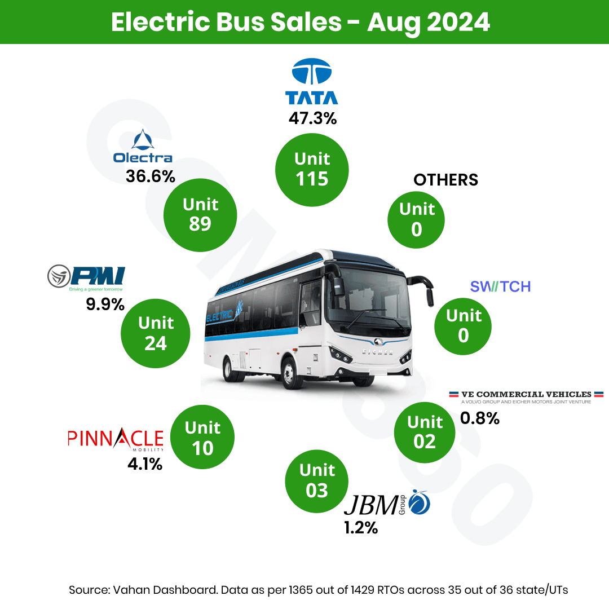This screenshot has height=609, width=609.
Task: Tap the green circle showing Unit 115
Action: point(312,169)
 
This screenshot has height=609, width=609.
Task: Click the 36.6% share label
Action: point(151,176)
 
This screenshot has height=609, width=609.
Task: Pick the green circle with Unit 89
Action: point(200,214)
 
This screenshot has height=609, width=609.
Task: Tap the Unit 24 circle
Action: point(156,333)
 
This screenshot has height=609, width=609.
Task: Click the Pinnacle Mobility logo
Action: point(116,440)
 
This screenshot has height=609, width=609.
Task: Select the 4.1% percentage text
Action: point(144,465)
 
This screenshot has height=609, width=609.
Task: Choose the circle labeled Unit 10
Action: point(202,437)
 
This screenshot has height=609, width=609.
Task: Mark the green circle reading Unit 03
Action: point(317,480)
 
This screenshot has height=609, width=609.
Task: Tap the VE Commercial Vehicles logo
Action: point(526,396)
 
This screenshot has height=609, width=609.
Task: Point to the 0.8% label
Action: point(480,418)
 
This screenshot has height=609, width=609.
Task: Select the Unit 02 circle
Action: point(425,431)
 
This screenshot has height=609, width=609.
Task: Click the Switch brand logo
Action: point(500,286)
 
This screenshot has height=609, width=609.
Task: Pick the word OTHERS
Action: point(445,180)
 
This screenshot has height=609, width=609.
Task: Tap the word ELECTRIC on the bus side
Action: point(224,316)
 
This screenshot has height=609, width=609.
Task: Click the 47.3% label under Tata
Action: point(312,118)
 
